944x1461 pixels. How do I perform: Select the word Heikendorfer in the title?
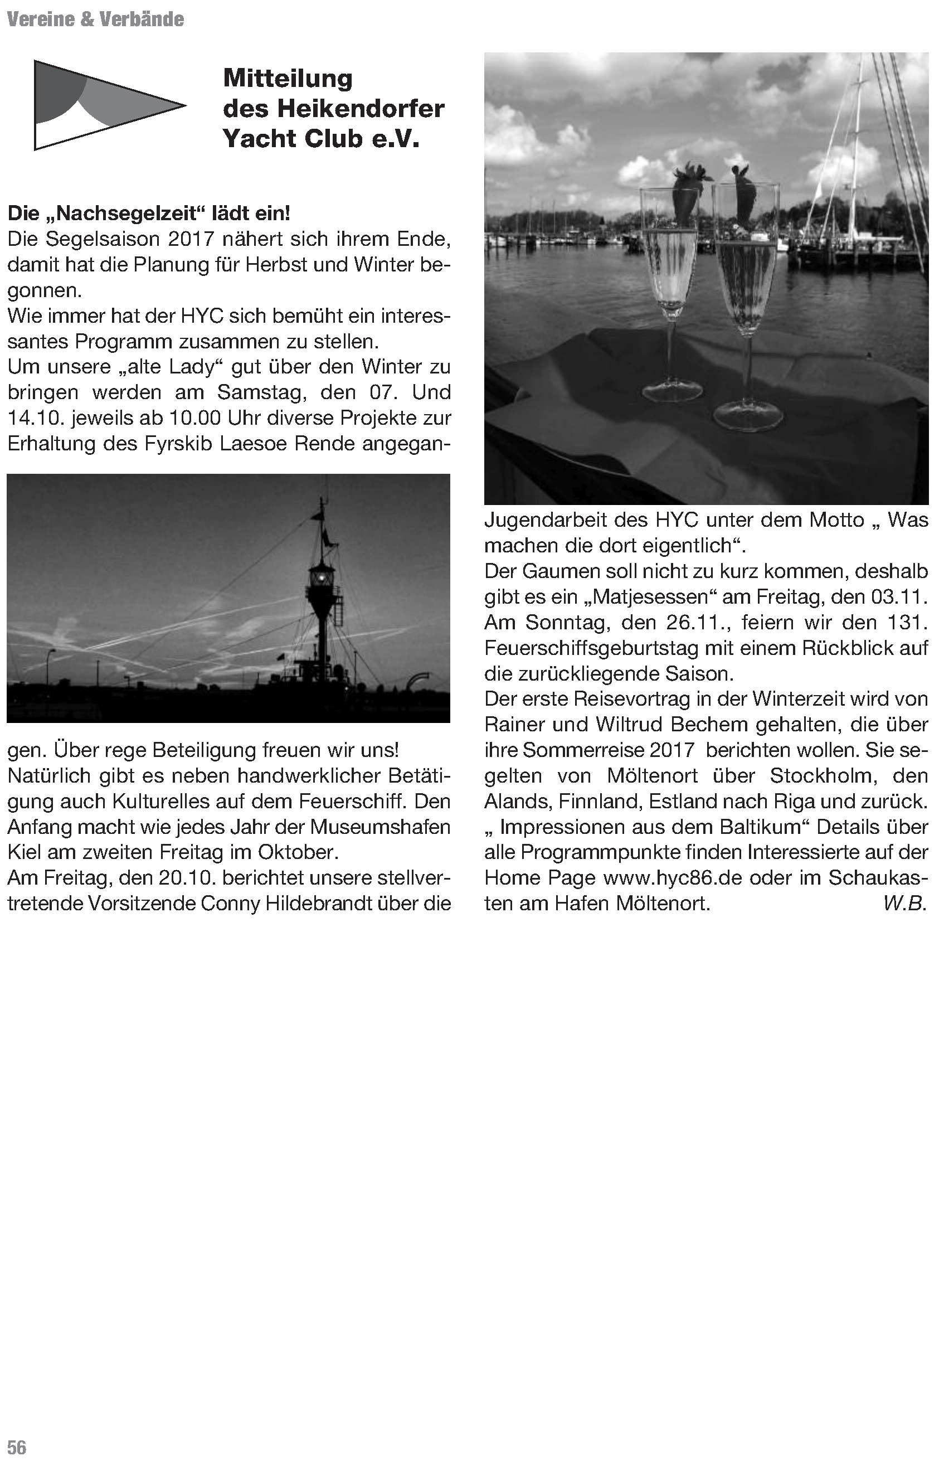361,109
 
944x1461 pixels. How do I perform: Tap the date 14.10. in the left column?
36,418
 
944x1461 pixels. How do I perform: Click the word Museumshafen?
380,827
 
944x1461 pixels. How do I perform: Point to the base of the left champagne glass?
673,391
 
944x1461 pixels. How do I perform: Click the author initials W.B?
904,904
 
